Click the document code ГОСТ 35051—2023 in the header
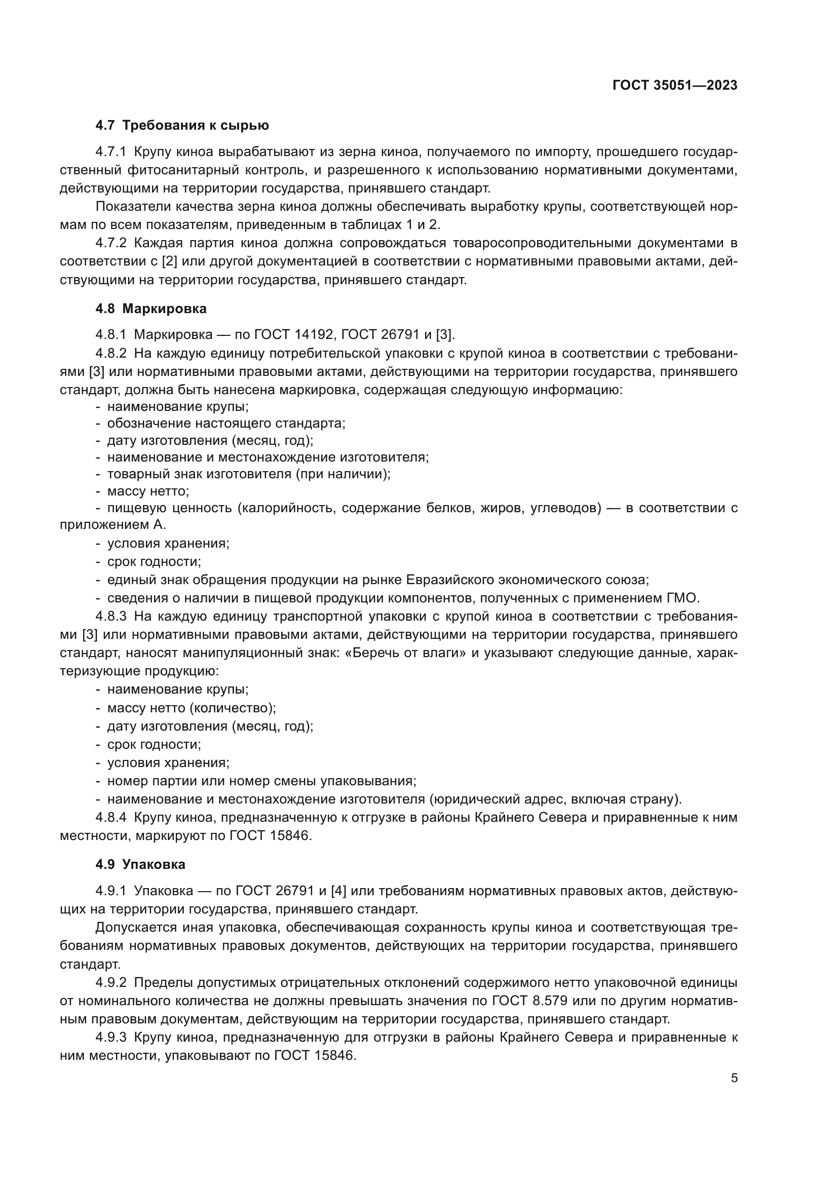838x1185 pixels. [674, 86]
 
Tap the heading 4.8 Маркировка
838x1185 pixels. [150, 309]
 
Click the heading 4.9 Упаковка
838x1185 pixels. [140, 864]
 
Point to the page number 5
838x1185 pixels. [734, 1078]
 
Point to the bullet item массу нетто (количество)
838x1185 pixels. [192, 708]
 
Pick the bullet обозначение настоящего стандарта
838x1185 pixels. [226, 423]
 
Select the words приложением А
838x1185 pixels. [113, 525]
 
